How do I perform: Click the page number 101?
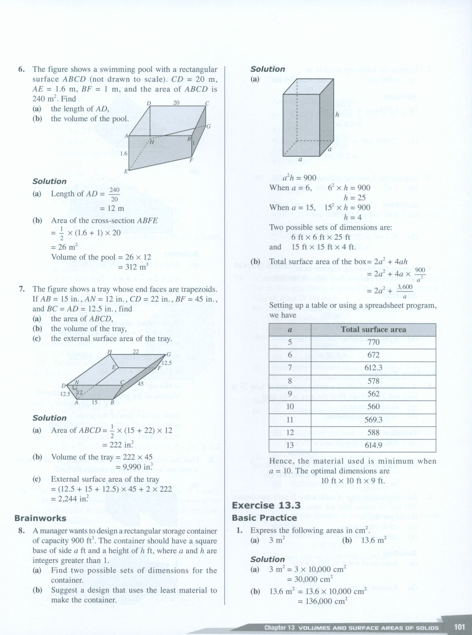[459, 627]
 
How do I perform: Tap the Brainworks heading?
[40, 518]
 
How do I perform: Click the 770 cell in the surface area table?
[373, 342]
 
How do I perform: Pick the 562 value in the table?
[373, 394]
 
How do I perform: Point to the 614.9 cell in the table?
[373, 445]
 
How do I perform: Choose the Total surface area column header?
[373, 330]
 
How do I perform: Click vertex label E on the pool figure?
[126, 171]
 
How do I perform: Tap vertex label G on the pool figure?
[208, 126]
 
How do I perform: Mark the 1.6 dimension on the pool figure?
[123, 153]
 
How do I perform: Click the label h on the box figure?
[337, 115]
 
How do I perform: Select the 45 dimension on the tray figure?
[141, 384]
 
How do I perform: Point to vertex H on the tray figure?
[110, 352]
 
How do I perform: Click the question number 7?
[22, 289]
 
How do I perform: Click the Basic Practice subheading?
[264, 518]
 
